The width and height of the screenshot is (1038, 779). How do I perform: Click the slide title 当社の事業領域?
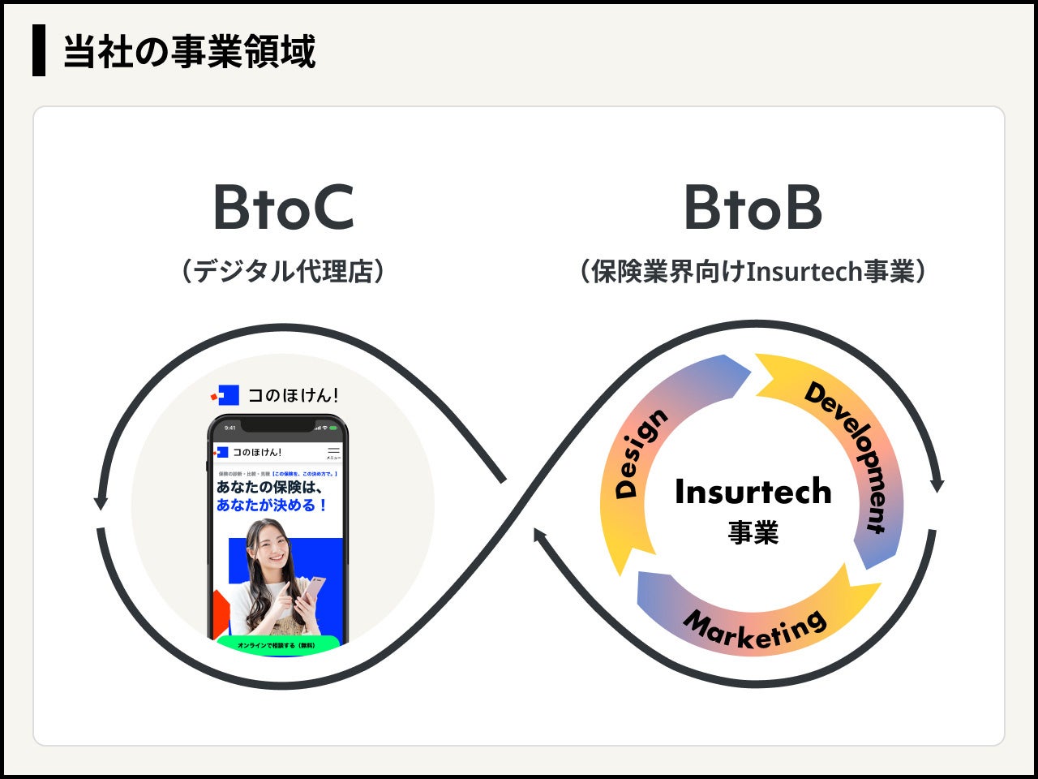[x=189, y=51]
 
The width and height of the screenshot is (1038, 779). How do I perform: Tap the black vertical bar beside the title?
[x=39, y=50]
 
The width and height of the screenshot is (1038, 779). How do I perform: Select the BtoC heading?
[x=283, y=208]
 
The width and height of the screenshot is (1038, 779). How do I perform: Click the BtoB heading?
[x=753, y=208]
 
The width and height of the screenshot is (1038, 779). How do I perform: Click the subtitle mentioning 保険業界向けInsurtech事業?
[x=753, y=270]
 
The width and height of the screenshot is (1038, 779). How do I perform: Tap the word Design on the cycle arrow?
[x=641, y=452]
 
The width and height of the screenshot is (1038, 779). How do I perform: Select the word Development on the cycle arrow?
[x=848, y=454]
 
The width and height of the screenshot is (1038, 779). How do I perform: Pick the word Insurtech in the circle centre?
[x=753, y=492]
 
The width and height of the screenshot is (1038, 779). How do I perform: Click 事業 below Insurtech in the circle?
[x=753, y=532]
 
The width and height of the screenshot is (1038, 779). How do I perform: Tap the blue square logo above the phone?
[x=227, y=395]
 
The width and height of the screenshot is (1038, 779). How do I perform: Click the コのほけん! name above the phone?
[x=293, y=395]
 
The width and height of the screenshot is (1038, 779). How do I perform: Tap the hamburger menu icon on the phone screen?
[x=333, y=451]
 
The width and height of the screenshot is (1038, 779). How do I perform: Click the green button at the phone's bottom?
[x=277, y=645]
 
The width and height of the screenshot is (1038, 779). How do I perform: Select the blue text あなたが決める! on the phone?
[x=272, y=505]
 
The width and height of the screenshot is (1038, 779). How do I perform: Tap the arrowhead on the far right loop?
[x=937, y=484]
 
